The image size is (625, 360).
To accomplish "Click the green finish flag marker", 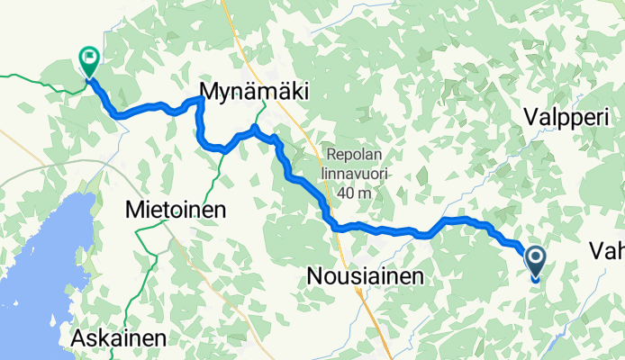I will click(89, 62).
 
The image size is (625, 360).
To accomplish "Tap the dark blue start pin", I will click(535, 263).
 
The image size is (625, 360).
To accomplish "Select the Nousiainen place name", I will click(364, 277).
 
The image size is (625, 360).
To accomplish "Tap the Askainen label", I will click(120, 338).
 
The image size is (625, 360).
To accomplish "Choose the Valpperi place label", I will click(566, 118).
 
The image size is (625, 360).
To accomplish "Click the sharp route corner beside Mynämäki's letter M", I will click(200, 98).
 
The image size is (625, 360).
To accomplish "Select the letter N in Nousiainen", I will click(316, 277).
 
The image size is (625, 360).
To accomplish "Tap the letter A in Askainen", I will click(78, 338).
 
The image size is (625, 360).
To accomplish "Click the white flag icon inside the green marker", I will click(90, 59).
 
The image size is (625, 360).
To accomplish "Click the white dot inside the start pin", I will click(535, 259).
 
